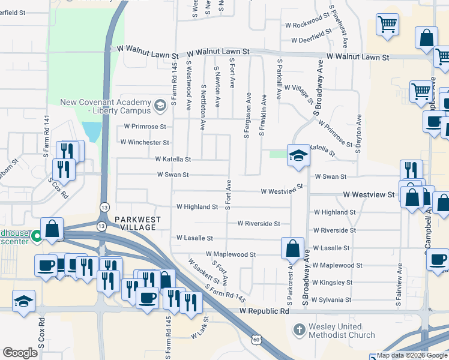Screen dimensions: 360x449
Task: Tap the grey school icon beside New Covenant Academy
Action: click(x=160, y=106)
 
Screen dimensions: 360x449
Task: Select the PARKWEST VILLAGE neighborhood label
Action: click(x=137, y=224)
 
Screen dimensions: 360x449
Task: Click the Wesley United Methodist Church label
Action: click(x=342, y=331)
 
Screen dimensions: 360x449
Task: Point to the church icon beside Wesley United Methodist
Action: click(x=299, y=330)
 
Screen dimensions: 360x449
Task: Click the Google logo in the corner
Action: click(x=20, y=353)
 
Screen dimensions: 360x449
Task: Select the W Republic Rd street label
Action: click(x=264, y=311)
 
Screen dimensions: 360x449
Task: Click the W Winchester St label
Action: click(x=145, y=142)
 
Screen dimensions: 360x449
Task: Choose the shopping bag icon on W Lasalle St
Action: click(x=292, y=248)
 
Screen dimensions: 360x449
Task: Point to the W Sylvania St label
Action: click(x=332, y=299)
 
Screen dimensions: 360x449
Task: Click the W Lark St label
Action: click(x=199, y=327)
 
